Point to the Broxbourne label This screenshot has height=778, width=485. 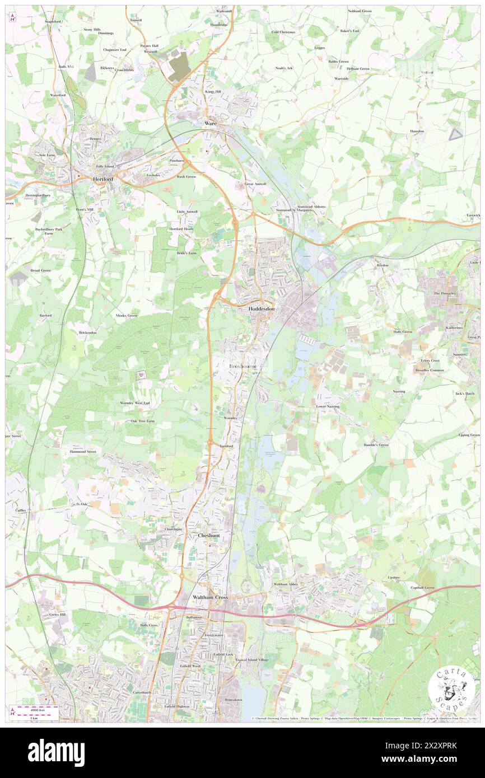tap(245, 366)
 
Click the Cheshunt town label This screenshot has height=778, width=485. tap(208, 536)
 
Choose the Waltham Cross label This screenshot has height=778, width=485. tap(210, 598)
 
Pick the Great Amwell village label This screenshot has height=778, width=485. tap(255, 184)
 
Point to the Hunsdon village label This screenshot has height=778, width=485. tap(417, 132)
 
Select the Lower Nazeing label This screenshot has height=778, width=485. tap(328, 406)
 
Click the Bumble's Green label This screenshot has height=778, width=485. tap(375, 445)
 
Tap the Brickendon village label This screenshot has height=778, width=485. tap(87, 332)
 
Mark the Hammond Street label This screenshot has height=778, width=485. tap(83, 451)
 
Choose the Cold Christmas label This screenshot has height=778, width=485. tap(283, 32)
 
